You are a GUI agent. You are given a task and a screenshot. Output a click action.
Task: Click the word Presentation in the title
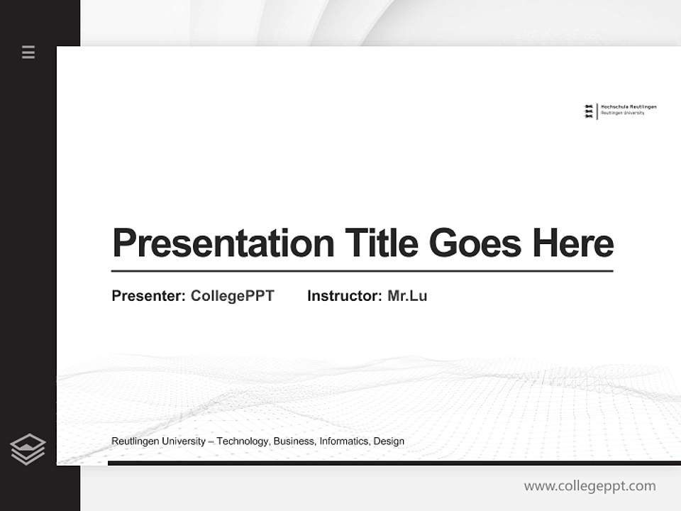pyautogui.click(x=223, y=243)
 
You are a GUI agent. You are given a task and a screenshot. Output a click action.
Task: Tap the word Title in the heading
pyautogui.click(x=381, y=243)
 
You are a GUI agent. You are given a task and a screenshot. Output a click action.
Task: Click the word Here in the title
pyautogui.click(x=573, y=243)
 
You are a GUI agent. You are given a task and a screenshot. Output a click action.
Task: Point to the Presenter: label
pyautogui.click(x=148, y=296)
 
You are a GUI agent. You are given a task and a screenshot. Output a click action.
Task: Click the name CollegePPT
pyautogui.click(x=232, y=296)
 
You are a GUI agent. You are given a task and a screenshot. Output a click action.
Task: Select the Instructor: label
pyautogui.click(x=344, y=296)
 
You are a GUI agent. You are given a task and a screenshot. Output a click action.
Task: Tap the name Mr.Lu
pyautogui.click(x=407, y=296)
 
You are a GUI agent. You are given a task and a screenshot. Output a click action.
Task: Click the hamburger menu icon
pyautogui.click(x=28, y=52)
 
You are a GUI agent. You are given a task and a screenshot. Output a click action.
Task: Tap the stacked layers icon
pyautogui.click(x=28, y=449)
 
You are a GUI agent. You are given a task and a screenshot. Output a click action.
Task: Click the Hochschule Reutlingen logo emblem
pyautogui.click(x=588, y=111)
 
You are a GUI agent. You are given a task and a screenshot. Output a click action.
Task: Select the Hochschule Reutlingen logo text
pyautogui.click(x=629, y=109)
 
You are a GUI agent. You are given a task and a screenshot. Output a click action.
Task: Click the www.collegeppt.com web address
pyautogui.click(x=589, y=486)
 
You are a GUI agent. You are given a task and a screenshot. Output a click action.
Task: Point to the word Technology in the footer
pyautogui.click(x=243, y=441)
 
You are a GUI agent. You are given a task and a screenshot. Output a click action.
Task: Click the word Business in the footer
pyautogui.click(x=294, y=441)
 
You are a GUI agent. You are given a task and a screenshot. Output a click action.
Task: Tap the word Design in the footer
pyautogui.click(x=389, y=441)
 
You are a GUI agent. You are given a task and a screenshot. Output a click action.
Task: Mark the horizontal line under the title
pyautogui.click(x=362, y=271)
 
